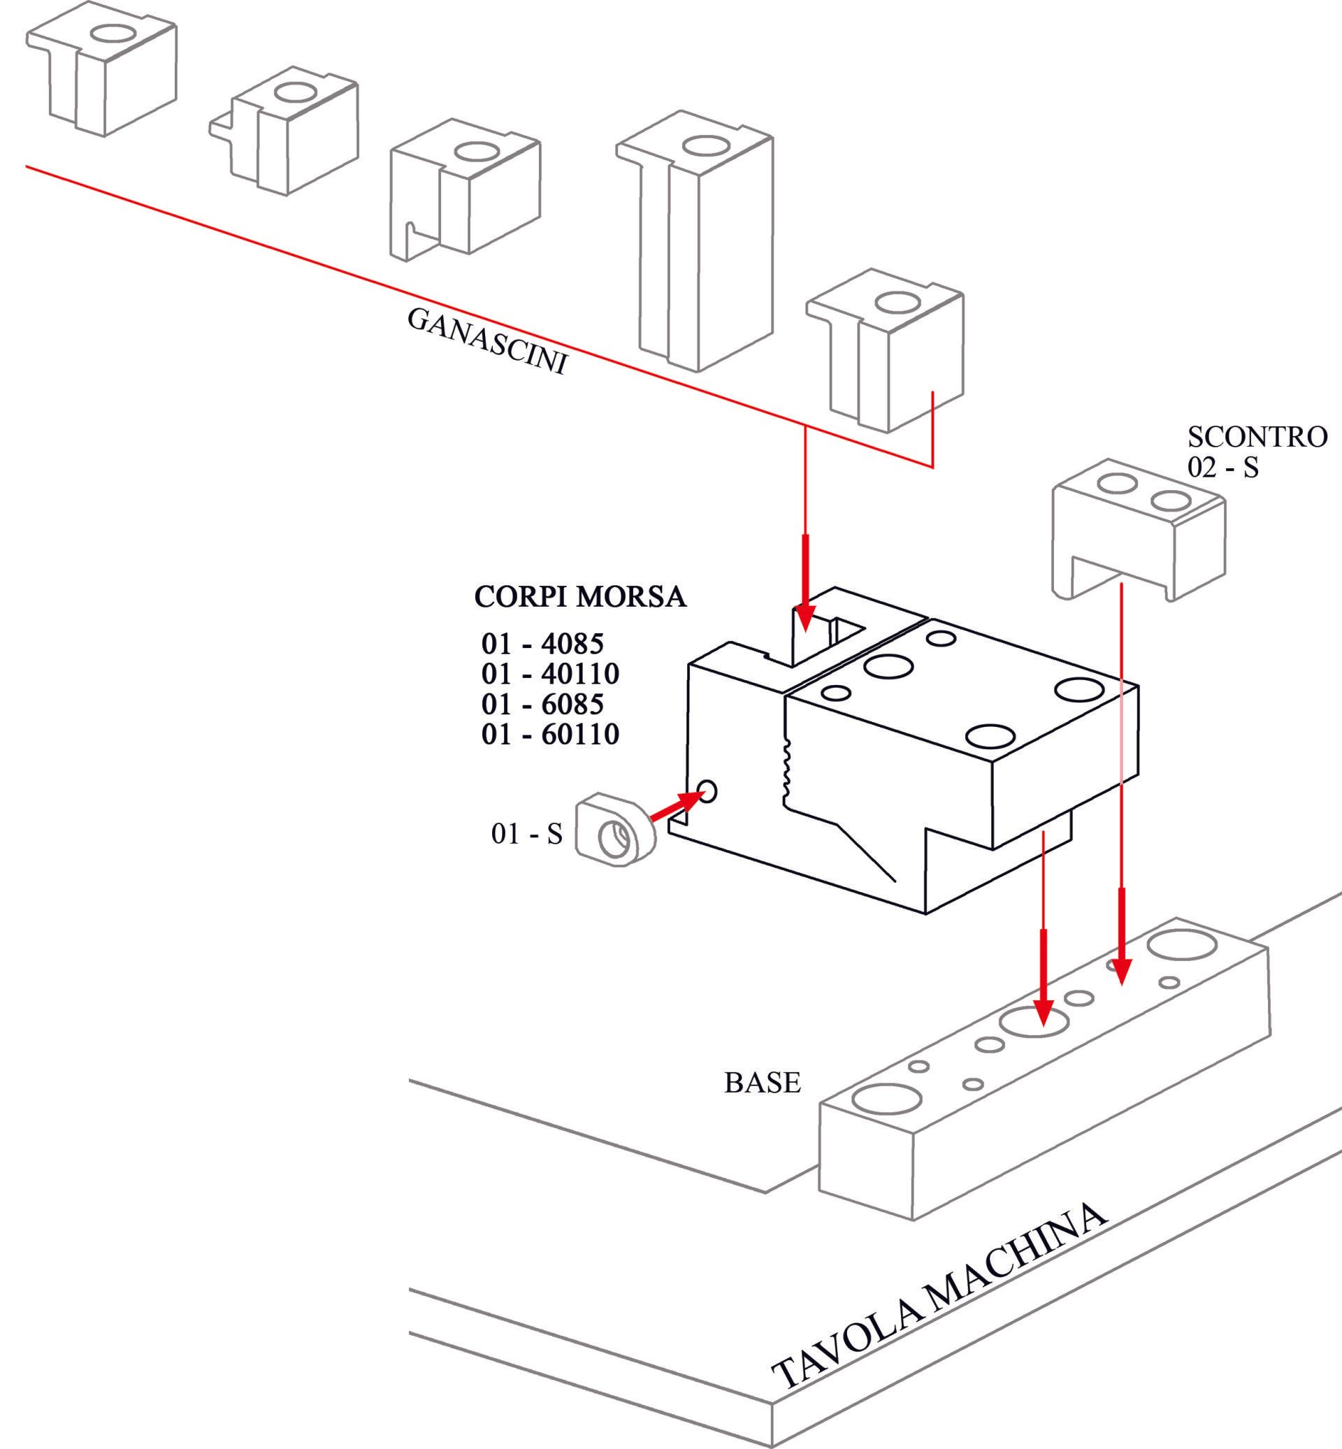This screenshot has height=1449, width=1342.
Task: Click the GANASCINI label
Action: (x=486, y=340)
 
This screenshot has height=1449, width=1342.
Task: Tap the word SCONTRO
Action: (x=1257, y=436)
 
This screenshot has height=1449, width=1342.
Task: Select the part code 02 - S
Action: (x=1223, y=468)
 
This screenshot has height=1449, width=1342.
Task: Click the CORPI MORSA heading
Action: (x=579, y=597)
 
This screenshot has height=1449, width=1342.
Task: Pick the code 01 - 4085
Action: (x=542, y=644)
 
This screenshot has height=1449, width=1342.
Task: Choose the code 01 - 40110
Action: (x=549, y=674)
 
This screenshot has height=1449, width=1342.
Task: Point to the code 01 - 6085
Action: (x=542, y=705)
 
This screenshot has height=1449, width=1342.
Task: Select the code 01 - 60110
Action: (x=549, y=735)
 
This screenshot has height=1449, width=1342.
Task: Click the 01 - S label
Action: (x=526, y=834)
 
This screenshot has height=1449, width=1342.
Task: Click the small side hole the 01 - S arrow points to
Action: (x=707, y=791)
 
